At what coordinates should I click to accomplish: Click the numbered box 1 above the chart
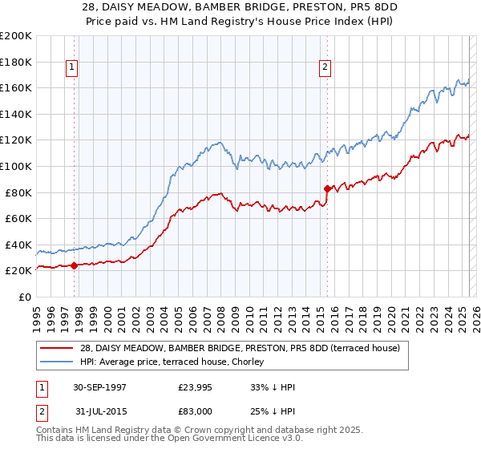coord(71,67)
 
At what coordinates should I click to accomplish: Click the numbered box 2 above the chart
coord(325,67)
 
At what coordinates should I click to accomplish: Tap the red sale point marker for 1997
coord(75,265)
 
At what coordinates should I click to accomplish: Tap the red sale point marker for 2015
coord(327,188)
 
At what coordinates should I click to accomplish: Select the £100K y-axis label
coord(16,166)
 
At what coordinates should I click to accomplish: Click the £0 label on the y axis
coord(23,297)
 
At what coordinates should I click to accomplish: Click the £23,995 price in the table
coord(195,387)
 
